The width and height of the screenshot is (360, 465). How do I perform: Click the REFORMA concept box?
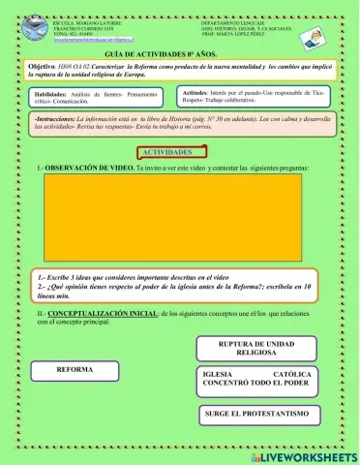[75, 370]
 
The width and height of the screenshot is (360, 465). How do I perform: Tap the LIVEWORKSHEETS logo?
[304, 453]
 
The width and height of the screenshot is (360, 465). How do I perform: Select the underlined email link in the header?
[85, 39]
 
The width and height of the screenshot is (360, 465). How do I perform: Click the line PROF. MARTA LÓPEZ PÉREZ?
[235, 34]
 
